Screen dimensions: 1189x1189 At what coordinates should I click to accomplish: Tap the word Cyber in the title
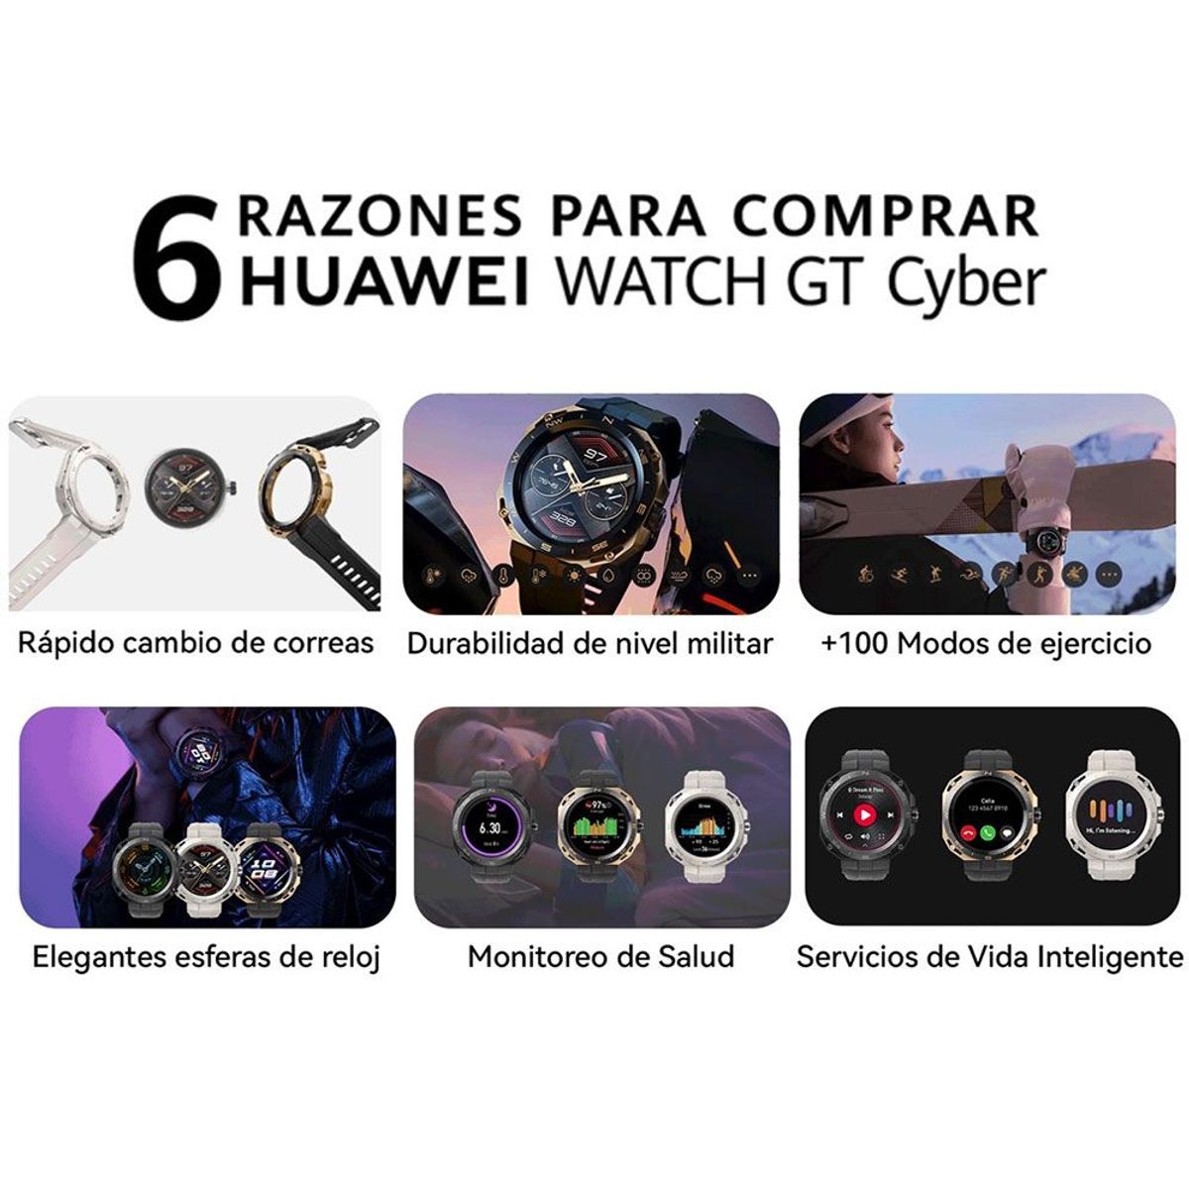pyautogui.click(x=966, y=281)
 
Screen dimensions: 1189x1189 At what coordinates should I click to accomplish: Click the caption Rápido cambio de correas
pyautogui.click(x=195, y=643)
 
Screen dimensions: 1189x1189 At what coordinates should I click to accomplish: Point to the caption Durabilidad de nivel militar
pyautogui.click(x=590, y=644)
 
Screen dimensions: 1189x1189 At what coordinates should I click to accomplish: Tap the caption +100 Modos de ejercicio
pyautogui.click(x=986, y=644)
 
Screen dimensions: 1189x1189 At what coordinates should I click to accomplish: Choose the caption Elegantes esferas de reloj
pyautogui.click(x=206, y=957)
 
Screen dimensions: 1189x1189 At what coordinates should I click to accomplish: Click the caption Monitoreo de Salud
pyautogui.click(x=601, y=957)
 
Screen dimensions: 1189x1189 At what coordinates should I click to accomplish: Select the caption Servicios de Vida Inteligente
pyautogui.click(x=989, y=957)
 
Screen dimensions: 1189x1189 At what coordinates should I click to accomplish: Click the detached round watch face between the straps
pyautogui.click(x=188, y=486)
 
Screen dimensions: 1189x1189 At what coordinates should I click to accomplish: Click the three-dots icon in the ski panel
pyautogui.click(x=1108, y=574)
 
